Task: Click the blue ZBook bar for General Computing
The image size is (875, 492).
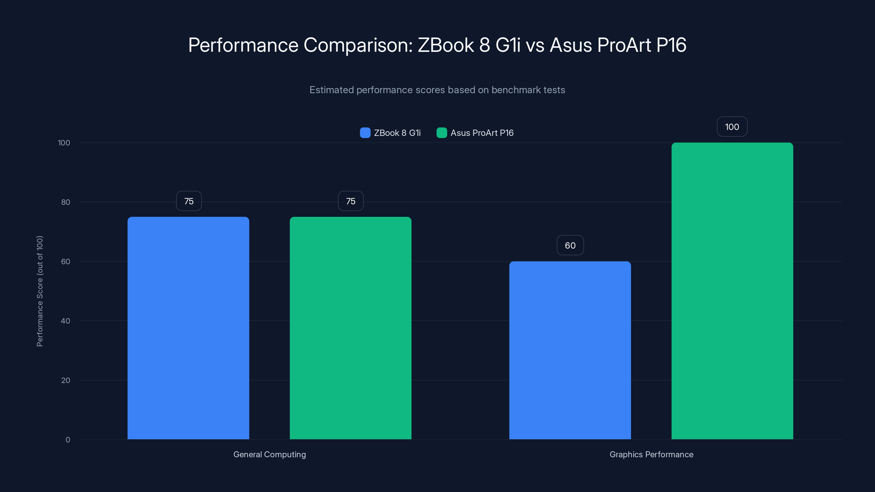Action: pos(188,328)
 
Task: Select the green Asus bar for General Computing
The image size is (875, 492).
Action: pos(350,328)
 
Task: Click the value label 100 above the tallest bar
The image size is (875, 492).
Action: pos(732,127)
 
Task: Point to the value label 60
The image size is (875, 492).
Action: pos(570,245)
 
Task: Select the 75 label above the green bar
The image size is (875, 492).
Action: pos(351,201)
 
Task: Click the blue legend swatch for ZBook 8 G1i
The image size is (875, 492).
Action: pos(365,133)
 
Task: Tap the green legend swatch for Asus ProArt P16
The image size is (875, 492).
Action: pos(441,133)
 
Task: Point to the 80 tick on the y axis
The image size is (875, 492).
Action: pos(66,202)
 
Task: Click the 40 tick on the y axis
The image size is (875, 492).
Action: pos(66,321)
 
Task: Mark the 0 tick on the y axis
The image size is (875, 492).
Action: pos(68,440)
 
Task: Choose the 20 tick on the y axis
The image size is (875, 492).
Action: pos(66,380)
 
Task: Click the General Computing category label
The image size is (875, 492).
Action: pos(269,454)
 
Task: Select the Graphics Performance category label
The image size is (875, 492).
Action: pos(651,454)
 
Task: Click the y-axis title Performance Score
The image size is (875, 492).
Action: pos(40,291)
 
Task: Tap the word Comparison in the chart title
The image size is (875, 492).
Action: pos(358,45)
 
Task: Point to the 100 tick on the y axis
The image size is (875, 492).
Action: pos(64,143)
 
